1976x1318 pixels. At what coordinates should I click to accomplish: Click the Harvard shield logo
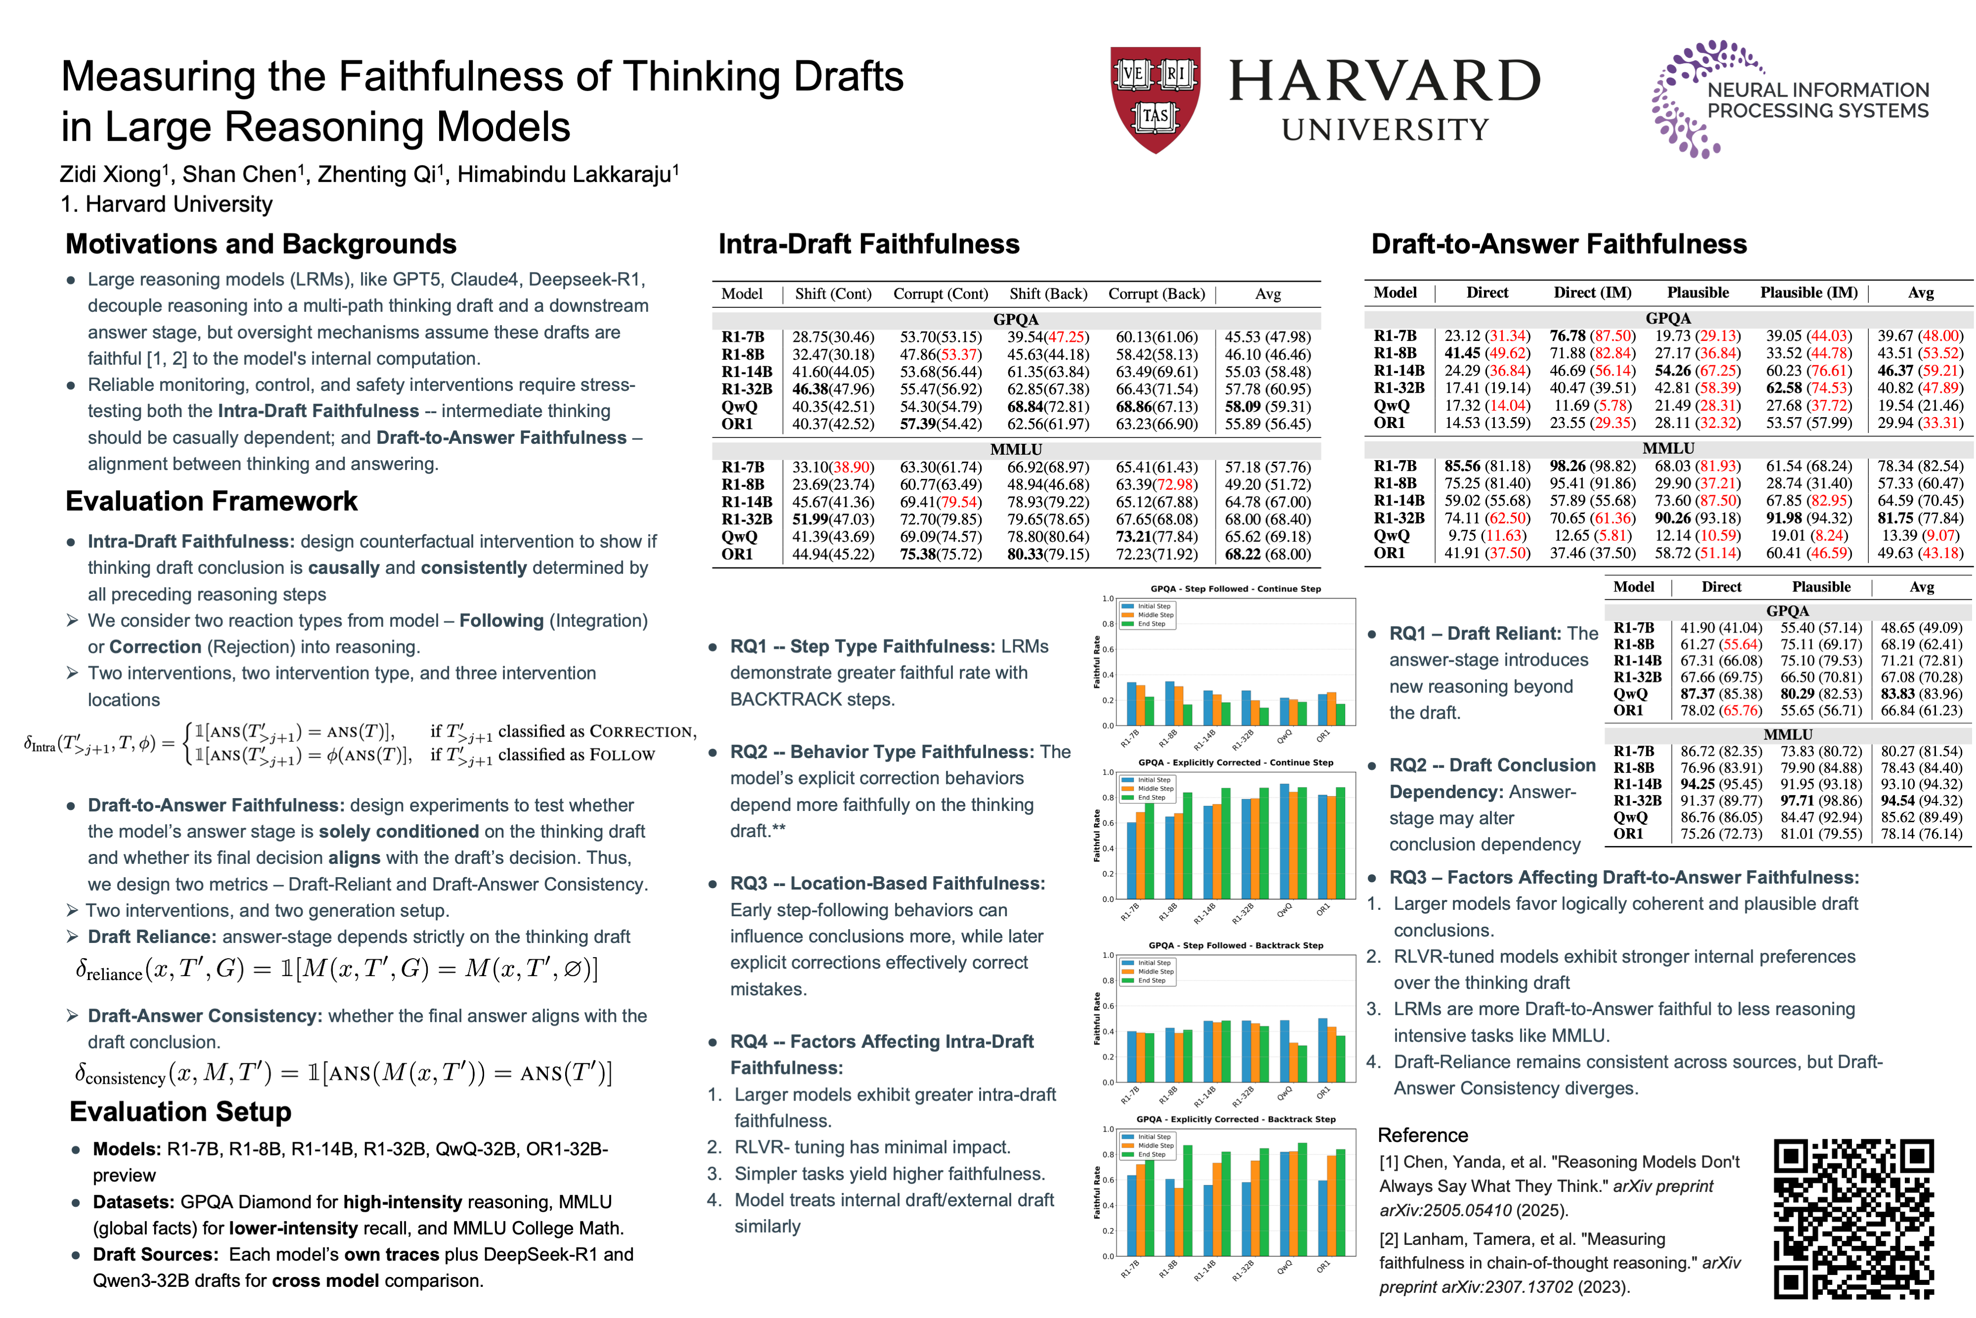[1155, 99]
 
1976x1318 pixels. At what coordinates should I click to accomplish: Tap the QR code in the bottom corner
[1853, 1218]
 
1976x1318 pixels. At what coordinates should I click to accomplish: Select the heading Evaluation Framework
[212, 501]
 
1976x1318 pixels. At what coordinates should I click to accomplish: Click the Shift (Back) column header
[1048, 294]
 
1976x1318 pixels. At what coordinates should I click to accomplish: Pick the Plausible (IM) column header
[1809, 293]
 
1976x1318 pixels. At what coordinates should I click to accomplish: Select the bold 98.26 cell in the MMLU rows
[1567, 466]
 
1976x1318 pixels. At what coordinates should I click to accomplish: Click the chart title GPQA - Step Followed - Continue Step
[1235, 589]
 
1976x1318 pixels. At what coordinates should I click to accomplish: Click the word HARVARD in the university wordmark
[1385, 82]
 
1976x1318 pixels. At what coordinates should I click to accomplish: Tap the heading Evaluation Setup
[181, 1111]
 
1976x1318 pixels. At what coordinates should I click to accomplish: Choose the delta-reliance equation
[336, 969]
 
